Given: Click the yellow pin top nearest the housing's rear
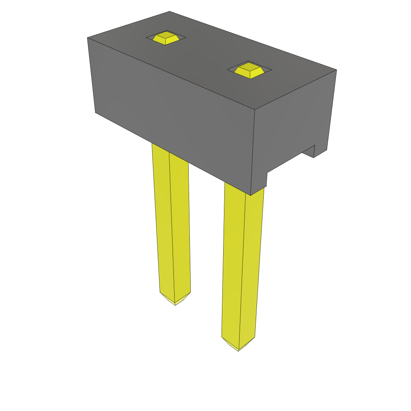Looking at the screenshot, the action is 165,38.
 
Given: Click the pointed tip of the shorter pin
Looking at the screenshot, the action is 175,304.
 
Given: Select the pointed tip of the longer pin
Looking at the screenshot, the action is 238,350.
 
